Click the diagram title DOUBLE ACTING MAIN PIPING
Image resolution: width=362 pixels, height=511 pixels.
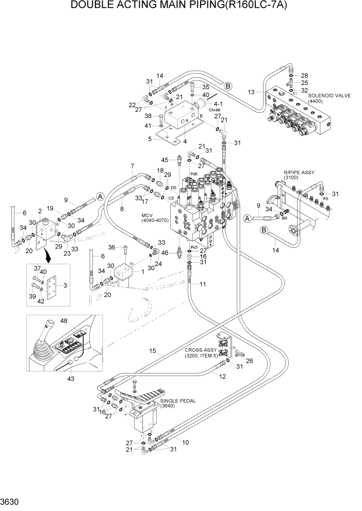pos(180,7)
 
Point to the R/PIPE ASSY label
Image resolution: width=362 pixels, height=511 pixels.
pos(299,173)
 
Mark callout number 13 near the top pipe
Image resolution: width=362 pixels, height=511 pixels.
pos(251,92)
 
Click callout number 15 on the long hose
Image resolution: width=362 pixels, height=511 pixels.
pos(152,351)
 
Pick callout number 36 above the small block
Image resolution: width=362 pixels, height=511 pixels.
pos(112,247)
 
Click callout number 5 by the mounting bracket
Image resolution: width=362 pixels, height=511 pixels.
pos(150,139)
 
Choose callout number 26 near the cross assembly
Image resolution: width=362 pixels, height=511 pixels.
pos(250,361)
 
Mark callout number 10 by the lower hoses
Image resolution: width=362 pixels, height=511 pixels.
pos(185,442)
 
